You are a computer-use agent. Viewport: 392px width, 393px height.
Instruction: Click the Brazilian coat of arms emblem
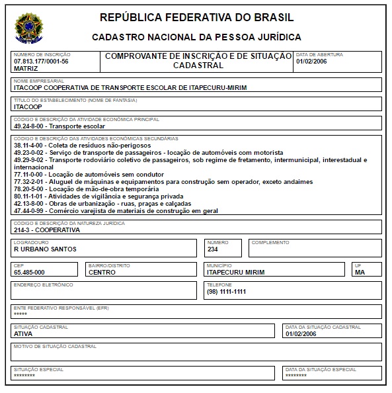pyautogui.click(x=27, y=26)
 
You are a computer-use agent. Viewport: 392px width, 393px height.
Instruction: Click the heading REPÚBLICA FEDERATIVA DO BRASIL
pyautogui.click(x=196, y=17)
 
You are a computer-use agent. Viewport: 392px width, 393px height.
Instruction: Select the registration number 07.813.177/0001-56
pyautogui.click(x=41, y=61)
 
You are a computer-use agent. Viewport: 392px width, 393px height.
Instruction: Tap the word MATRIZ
pyautogui.click(x=26, y=68)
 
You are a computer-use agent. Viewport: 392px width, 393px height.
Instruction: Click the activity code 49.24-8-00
pyautogui.click(x=29, y=125)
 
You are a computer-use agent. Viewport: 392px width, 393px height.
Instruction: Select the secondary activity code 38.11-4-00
pyautogui.click(x=29, y=144)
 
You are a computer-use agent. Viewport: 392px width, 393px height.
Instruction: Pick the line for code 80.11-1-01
pyautogui.click(x=29, y=196)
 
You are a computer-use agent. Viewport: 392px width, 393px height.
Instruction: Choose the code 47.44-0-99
pyautogui.click(x=29, y=210)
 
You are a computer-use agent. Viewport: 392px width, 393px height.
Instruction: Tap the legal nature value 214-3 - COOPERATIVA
pyautogui.click(x=46, y=230)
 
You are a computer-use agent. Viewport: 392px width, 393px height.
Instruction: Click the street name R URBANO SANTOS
pyautogui.click(x=45, y=249)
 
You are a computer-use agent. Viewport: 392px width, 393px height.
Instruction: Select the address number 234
pyautogui.click(x=213, y=249)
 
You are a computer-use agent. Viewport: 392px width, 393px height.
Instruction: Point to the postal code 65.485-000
pyautogui.click(x=29, y=272)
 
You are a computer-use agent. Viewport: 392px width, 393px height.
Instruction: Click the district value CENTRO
pyautogui.click(x=102, y=272)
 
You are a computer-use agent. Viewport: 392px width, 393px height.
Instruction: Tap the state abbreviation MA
pyautogui.click(x=360, y=272)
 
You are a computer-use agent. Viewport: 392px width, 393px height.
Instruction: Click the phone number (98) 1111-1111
pyautogui.click(x=226, y=292)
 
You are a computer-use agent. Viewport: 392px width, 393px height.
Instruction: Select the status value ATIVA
pyautogui.click(x=23, y=334)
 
